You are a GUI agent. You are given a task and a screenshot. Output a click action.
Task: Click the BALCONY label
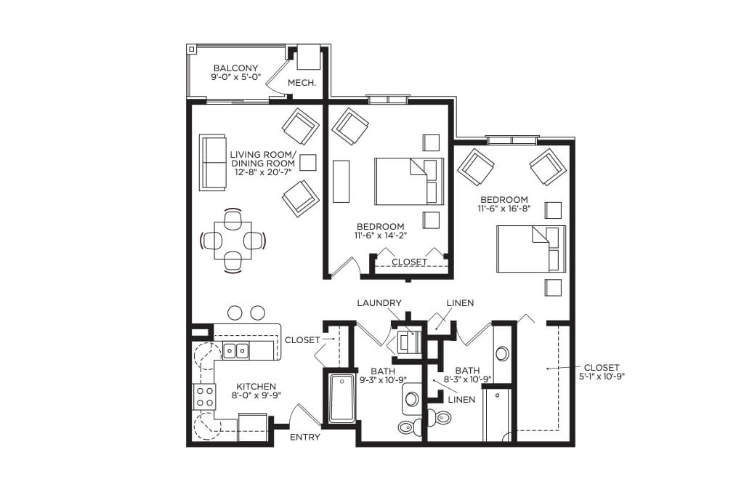235,68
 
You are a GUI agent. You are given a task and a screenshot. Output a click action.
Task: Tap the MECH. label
302,83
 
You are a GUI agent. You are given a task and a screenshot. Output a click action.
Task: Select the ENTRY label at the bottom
304,437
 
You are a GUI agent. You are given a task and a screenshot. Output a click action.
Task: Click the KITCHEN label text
256,387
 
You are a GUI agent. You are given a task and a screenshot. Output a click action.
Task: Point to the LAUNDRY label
379,303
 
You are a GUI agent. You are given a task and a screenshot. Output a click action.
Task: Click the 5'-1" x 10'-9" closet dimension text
602,377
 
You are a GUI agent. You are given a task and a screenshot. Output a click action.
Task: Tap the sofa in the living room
212,163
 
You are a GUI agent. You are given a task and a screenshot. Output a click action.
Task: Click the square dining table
233,241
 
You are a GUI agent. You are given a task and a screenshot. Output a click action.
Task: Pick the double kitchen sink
236,351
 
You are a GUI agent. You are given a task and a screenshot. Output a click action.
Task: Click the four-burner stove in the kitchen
204,397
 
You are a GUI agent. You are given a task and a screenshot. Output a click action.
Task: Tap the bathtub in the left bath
341,398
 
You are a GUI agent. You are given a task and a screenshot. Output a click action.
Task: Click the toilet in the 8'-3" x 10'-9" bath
439,418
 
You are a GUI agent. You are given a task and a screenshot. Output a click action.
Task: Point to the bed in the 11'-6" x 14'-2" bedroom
409,181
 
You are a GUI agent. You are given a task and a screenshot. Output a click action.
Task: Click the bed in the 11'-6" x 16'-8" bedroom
531,249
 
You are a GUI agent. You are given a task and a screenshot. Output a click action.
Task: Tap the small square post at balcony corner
191,49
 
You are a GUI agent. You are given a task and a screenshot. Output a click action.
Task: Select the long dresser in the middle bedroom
341,181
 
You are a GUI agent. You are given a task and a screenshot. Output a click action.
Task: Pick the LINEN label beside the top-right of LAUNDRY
460,303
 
